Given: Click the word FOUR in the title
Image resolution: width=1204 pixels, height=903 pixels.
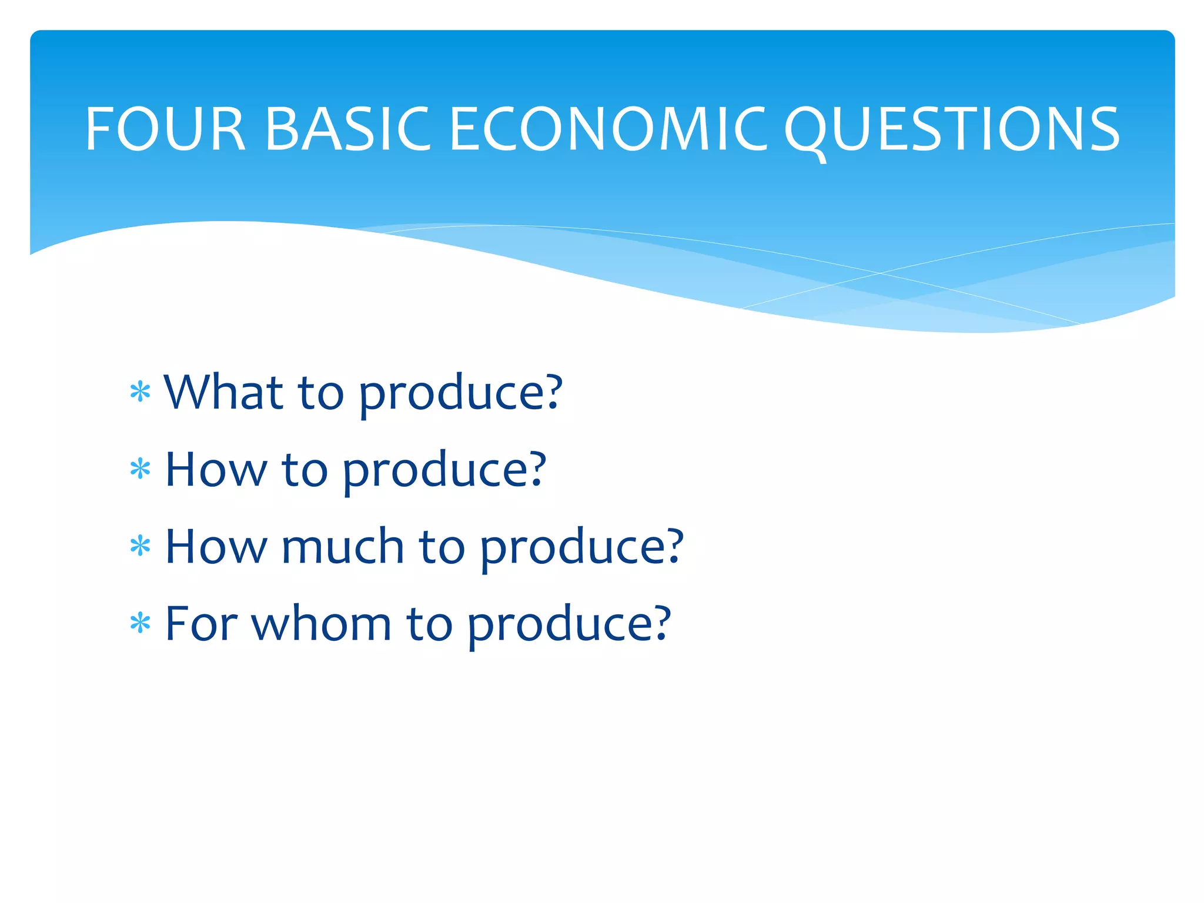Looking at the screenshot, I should point(165,129).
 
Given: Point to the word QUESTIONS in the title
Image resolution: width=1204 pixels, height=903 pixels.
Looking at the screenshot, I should point(952,130).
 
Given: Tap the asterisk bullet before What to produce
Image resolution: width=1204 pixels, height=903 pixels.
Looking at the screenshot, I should point(141,392).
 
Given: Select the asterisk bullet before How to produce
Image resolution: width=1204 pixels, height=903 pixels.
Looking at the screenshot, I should point(141,470).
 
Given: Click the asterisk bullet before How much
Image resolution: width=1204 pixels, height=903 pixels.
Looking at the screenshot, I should point(141,547).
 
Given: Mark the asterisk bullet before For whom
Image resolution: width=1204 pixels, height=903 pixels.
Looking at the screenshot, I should point(141,624).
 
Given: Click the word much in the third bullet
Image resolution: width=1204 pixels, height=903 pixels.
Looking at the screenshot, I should point(343,546).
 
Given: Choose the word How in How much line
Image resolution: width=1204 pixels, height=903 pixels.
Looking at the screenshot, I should point(215,546).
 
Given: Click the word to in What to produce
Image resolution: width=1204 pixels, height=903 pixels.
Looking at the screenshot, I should point(321,393).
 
